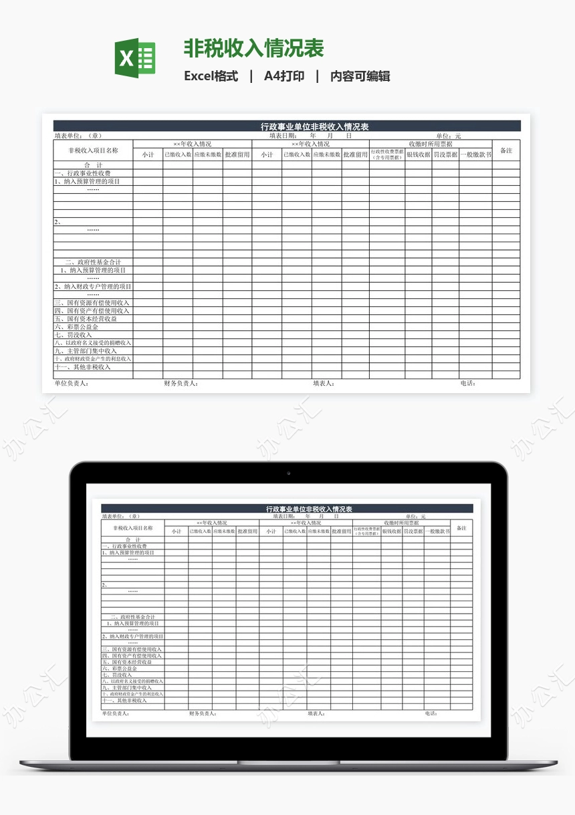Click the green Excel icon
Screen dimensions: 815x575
coord(135,57)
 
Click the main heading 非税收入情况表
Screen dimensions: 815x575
coord(253,48)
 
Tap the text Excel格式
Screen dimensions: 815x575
coord(211,76)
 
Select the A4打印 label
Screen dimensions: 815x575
coord(284,76)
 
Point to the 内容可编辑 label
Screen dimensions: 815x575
coord(360,76)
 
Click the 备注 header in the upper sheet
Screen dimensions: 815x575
coord(506,150)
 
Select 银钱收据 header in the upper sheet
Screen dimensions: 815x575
coord(418,154)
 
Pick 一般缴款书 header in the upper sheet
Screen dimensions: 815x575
coord(475,154)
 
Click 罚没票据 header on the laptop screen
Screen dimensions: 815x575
coord(413,532)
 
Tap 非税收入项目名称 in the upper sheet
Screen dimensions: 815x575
coord(93,150)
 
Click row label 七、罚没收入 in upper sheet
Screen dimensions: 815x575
coord(74,335)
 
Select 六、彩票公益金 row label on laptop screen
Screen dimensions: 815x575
coord(120,669)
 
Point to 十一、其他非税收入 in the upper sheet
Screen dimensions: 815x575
coord(83,367)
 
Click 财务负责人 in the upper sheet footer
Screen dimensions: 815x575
coord(181,384)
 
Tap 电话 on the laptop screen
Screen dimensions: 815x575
coord(431,713)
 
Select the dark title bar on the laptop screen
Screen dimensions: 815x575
coord(287,509)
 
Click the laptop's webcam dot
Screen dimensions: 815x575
coord(288,473)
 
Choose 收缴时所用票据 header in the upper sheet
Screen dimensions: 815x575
coord(430,144)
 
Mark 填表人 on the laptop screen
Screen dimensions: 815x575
coord(316,713)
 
